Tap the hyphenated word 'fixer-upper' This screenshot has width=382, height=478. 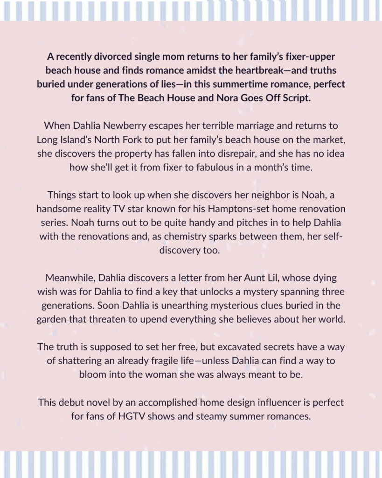(310, 56)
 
